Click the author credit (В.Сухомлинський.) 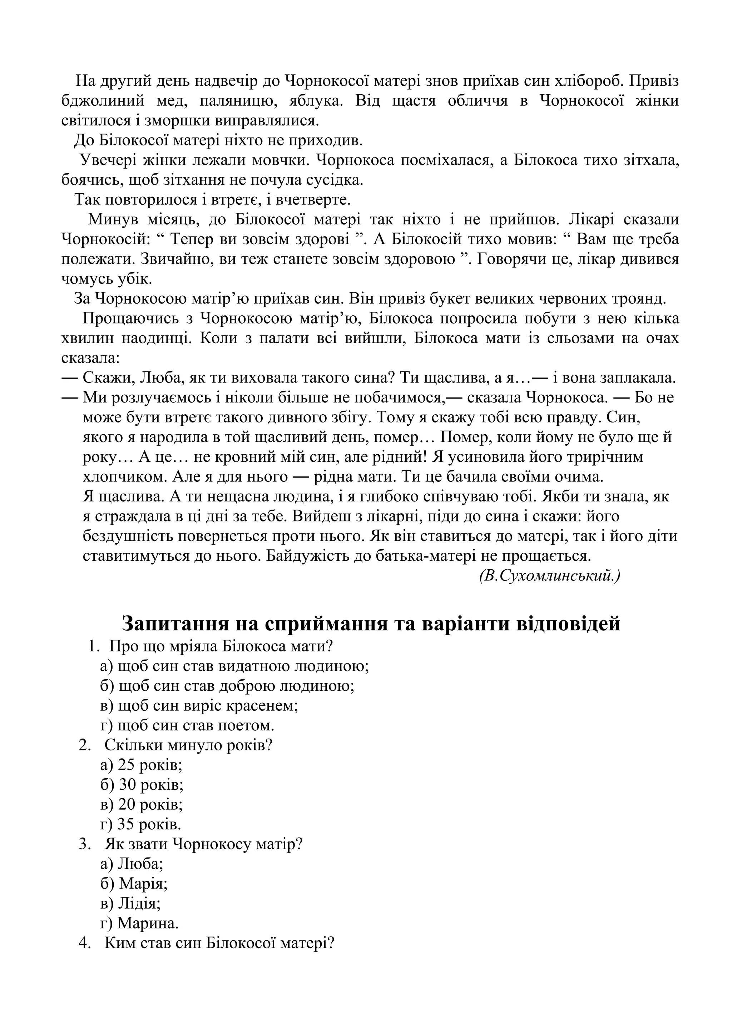pos(549,576)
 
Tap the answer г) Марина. pos(139,923)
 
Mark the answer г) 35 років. pos(140,824)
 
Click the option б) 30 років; pos(142,784)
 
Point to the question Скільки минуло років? pos(188,744)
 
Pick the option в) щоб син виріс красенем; pos(199,705)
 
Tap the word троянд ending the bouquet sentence pos(639,299)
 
